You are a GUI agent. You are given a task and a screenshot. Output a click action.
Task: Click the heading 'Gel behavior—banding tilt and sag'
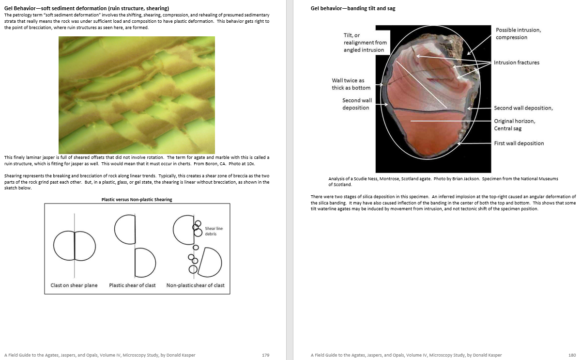coord(353,8)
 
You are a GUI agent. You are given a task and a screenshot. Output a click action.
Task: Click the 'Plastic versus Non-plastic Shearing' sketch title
coord(137,200)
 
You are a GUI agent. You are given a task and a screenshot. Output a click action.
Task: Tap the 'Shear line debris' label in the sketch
coord(214,231)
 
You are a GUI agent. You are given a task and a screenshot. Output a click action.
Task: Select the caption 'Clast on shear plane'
coord(74,285)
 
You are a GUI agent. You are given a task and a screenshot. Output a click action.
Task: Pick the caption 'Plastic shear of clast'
coord(132,285)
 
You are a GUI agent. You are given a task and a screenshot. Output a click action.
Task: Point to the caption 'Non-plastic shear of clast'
coord(195,285)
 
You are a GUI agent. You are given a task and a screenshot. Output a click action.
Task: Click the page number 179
coord(265,355)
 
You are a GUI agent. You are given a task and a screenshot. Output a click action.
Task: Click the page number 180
coord(572,355)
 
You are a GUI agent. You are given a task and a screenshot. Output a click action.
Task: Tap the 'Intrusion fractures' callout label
coord(516,63)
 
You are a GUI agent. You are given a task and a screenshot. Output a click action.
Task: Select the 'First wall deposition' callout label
coord(519,143)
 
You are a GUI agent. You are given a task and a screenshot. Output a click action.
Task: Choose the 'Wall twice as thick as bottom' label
coord(351,84)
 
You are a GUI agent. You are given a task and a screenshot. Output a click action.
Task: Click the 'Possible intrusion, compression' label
coord(518,33)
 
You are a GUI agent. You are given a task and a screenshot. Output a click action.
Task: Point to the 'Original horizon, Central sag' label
coord(514,125)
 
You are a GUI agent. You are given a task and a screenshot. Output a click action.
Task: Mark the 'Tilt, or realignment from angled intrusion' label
coord(365,43)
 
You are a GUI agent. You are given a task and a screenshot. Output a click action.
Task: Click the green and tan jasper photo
coord(137,95)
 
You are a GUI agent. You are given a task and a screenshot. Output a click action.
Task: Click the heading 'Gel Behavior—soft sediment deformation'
coord(87,8)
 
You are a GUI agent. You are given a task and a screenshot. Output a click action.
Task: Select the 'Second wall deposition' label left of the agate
coord(357,104)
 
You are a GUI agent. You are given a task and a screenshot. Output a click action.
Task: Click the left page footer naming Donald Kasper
coord(100,355)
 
